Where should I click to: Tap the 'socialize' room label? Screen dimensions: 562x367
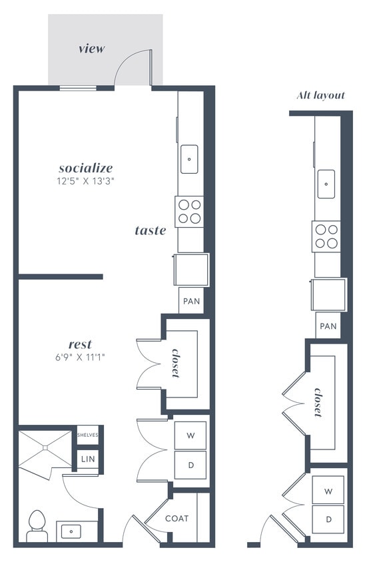(85, 168)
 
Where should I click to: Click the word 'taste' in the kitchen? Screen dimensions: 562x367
(150, 230)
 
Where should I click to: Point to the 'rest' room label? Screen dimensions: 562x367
(80, 344)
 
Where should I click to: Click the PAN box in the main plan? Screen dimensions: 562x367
(191, 301)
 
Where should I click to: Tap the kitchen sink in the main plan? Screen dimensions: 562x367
(190, 159)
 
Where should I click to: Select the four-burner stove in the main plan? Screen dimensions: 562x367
(190, 210)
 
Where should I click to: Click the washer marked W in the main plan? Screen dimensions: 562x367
(190, 435)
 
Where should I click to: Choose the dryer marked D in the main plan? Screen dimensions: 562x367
(190, 465)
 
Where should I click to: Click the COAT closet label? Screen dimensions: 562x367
(177, 518)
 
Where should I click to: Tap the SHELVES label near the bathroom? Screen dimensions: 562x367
(87, 435)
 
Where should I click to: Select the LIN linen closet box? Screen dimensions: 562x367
(87, 459)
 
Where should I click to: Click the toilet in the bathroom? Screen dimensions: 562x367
(36, 525)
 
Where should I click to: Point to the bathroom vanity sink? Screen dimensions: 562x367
(69, 531)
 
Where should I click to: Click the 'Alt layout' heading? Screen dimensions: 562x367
(320, 95)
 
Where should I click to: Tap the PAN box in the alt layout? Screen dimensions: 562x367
(328, 326)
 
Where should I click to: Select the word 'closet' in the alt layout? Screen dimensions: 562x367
(319, 402)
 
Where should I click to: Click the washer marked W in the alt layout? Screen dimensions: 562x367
(328, 491)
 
